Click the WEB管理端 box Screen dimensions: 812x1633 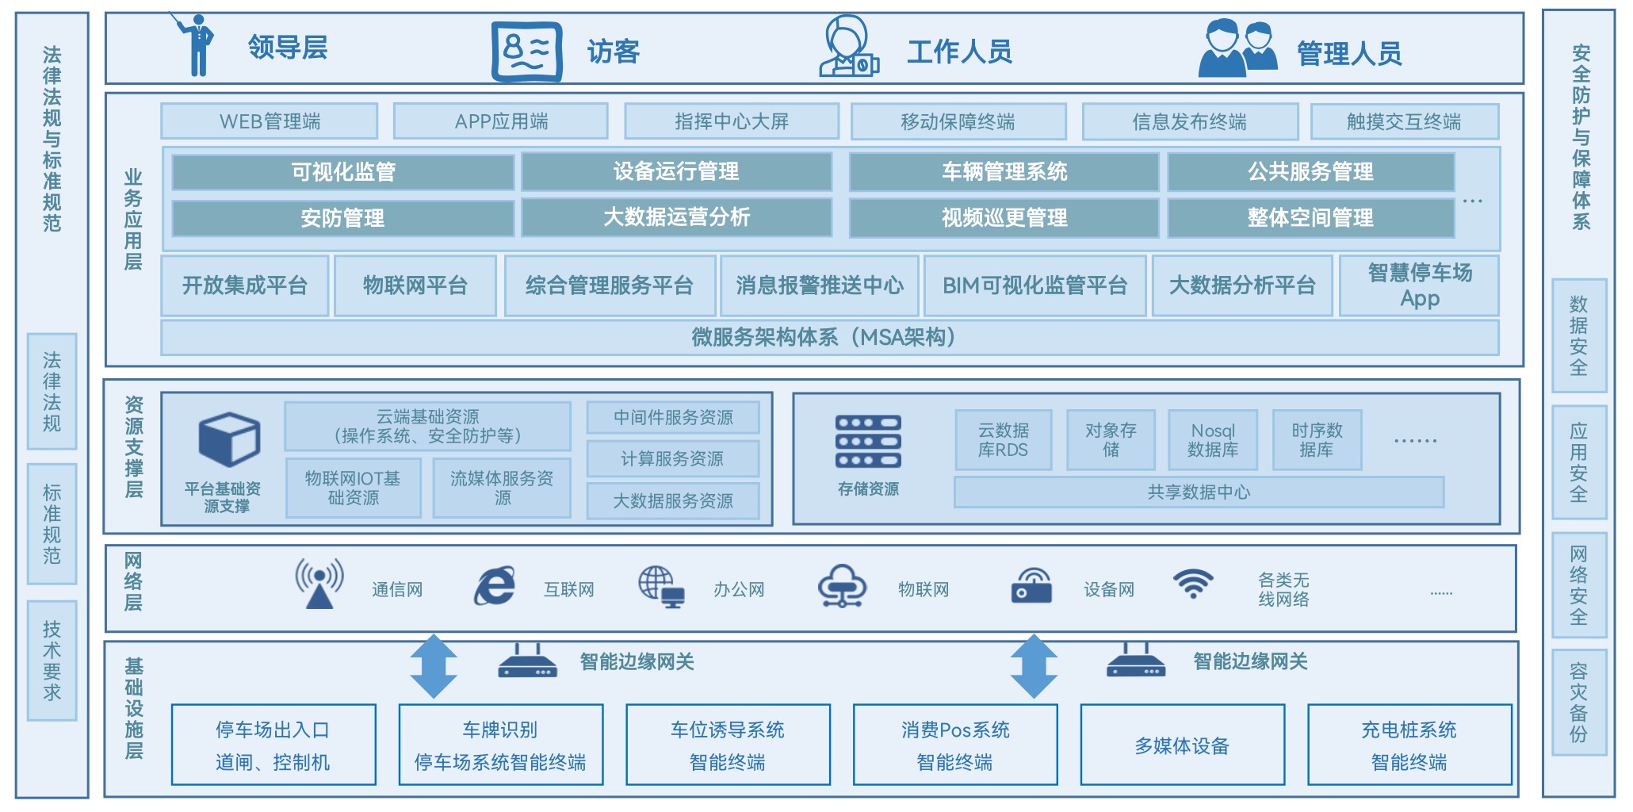[x=270, y=121]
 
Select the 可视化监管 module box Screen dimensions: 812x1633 [x=342, y=172]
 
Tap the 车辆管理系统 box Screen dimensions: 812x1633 [x=1004, y=172]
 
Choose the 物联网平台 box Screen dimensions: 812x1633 [x=415, y=285]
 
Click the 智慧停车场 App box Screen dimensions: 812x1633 [x=1419, y=285]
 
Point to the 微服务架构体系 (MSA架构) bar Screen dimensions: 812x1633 [x=828, y=338]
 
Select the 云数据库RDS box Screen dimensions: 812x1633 [x=1004, y=440]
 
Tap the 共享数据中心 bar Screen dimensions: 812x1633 [x=1199, y=492]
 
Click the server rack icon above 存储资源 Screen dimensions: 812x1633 [x=868, y=441]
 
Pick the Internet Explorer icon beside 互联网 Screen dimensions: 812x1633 [x=495, y=587]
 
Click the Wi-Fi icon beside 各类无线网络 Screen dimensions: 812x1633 [x=1193, y=584]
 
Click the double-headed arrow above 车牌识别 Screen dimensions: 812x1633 [x=434, y=666]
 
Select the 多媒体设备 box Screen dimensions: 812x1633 [x=1182, y=745]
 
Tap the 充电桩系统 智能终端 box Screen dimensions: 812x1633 [x=1409, y=745]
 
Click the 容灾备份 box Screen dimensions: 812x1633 [x=1578, y=703]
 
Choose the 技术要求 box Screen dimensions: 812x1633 [x=52, y=661]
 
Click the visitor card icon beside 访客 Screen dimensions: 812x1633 [x=526, y=52]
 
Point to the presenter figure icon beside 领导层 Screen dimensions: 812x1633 [x=197, y=44]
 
